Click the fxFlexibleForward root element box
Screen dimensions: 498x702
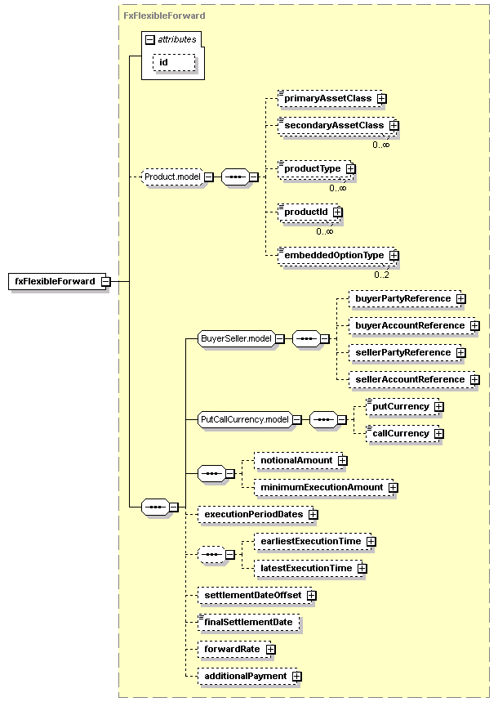(x=57, y=282)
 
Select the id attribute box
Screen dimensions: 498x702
(x=174, y=63)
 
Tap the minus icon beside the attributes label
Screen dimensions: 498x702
(x=150, y=40)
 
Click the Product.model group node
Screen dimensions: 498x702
(x=172, y=177)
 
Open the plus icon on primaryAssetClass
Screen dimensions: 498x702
(x=382, y=99)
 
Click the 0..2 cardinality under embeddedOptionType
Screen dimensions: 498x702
(x=382, y=275)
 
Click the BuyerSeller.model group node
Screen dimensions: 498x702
(x=236, y=339)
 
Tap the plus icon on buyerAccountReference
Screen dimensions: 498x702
(x=475, y=326)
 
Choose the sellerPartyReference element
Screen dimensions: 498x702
(x=406, y=353)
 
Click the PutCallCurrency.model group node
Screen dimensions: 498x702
(x=245, y=420)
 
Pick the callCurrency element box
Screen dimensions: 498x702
(x=402, y=434)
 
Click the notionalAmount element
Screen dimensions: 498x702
(x=299, y=461)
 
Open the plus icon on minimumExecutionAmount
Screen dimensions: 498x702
(x=393, y=488)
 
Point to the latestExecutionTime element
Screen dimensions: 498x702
(x=309, y=569)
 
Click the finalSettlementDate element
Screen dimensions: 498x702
(x=249, y=622)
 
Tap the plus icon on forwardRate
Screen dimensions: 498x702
(x=271, y=649)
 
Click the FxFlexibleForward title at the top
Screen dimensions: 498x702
(x=164, y=16)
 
